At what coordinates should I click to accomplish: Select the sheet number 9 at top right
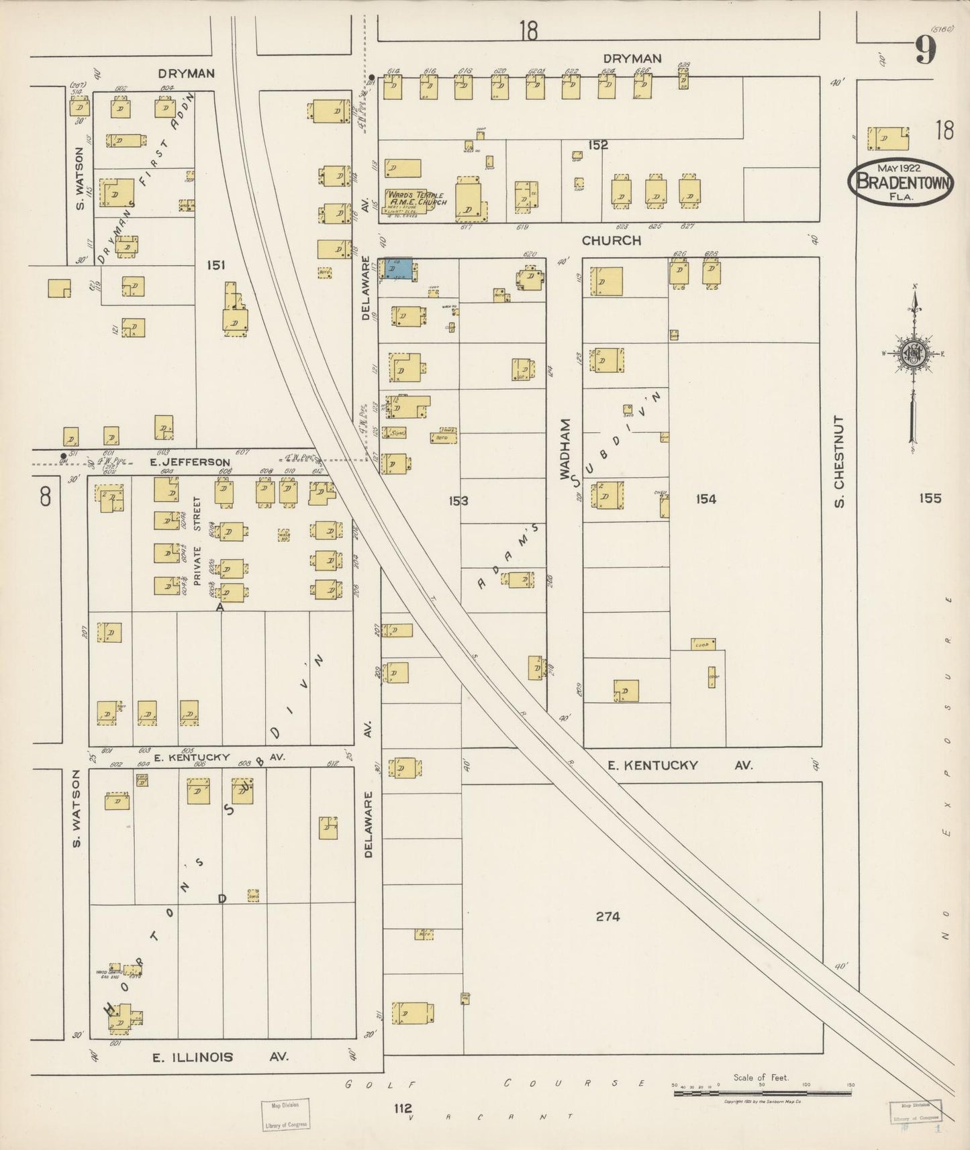[925, 51]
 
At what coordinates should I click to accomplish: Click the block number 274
[607, 917]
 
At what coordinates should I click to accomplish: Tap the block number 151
[215, 266]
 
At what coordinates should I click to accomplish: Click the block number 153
[458, 501]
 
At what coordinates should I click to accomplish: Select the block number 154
[706, 499]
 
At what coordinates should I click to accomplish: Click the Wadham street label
[566, 449]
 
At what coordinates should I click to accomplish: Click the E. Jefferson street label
[190, 462]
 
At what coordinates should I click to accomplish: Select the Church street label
[611, 240]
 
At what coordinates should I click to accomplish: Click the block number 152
[597, 145]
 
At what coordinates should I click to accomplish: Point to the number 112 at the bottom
[403, 1108]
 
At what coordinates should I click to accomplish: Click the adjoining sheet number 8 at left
[45, 497]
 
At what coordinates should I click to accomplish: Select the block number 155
[931, 498]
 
